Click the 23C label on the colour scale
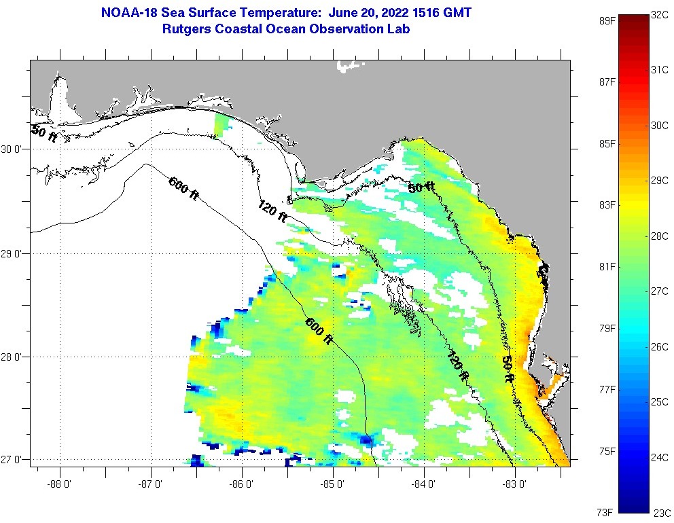[660, 512]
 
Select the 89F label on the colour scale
[607, 20]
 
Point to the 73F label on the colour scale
[607, 511]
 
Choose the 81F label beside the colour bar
[607, 266]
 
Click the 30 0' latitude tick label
[14, 149]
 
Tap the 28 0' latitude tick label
[14, 357]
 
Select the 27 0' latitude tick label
[14, 460]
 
